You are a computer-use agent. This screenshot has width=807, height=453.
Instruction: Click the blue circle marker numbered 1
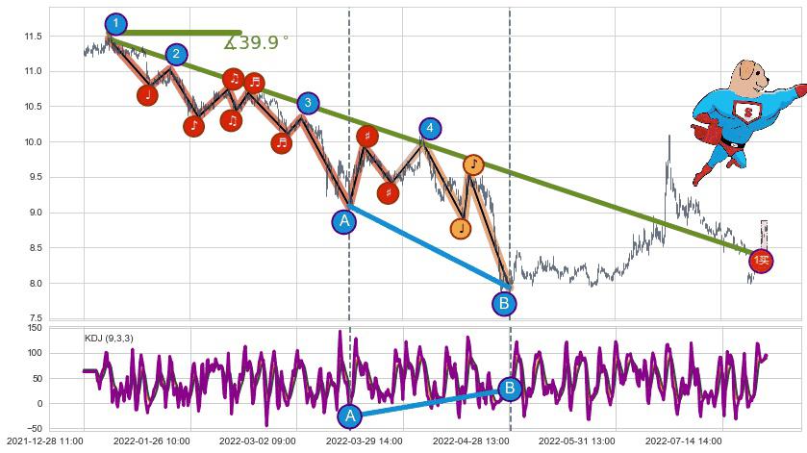(x=115, y=23)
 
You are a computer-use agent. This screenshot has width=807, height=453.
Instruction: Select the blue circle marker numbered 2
(x=176, y=55)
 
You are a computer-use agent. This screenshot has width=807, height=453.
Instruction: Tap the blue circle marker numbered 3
(x=307, y=103)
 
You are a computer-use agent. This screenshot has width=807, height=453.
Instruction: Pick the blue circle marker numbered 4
(x=430, y=128)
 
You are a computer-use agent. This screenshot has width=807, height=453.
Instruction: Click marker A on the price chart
(x=344, y=221)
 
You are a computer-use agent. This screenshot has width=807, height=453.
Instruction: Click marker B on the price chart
(x=505, y=304)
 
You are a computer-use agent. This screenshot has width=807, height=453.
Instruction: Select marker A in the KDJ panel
(x=350, y=415)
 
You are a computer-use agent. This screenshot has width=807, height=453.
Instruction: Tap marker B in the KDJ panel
(x=511, y=389)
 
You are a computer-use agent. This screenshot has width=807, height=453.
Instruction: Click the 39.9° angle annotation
(x=256, y=42)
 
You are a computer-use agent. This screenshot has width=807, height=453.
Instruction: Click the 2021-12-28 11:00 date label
(x=45, y=440)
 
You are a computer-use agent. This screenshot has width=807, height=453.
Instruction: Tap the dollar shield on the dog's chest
(x=745, y=113)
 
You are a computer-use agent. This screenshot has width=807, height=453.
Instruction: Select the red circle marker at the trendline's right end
(x=761, y=260)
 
